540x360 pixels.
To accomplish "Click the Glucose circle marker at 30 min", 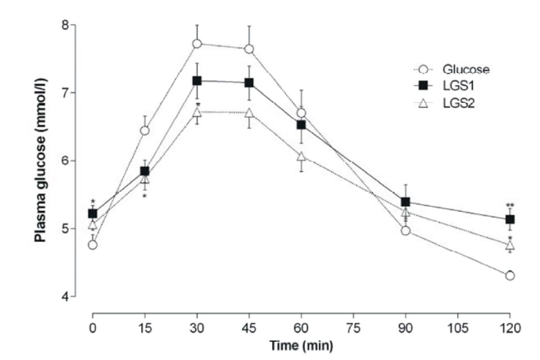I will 197,44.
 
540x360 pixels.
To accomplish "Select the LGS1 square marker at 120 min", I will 510,219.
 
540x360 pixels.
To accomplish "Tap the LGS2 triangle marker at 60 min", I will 301,156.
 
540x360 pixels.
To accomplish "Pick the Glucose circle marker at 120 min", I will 510,275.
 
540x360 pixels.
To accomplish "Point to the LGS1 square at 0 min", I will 93,213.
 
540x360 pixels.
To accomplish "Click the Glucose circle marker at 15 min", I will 144,130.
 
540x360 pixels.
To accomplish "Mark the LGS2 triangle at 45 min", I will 249,112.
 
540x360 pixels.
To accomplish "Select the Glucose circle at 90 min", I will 405,231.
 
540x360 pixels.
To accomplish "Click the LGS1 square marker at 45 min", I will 249,83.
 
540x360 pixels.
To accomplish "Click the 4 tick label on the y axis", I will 65,297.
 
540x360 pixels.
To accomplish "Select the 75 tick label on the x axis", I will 353,328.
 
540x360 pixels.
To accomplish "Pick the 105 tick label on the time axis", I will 458,328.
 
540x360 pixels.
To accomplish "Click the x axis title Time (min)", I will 301,346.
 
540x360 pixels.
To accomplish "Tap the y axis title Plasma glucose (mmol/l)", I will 41,160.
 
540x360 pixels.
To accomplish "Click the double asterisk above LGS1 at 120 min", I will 510,205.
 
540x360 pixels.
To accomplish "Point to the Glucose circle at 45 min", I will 249,49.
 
